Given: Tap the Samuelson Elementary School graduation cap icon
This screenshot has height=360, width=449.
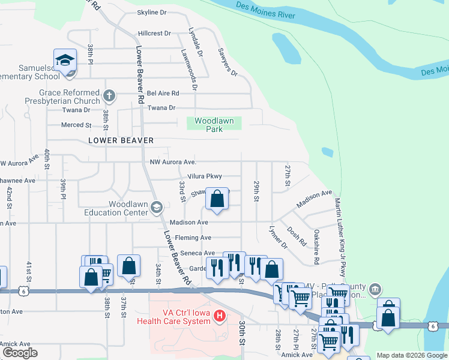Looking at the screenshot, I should [x=65, y=61].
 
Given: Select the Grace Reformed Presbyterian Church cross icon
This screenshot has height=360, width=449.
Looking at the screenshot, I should [x=109, y=95].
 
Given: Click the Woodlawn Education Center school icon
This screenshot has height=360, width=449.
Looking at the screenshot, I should [x=157, y=208].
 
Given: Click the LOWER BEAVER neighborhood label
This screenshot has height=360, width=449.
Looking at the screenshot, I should [x=121, y=140].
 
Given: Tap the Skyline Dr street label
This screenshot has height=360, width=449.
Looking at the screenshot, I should [x=151, y=12].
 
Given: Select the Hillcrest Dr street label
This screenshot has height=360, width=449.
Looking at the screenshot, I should [x=154, y=34].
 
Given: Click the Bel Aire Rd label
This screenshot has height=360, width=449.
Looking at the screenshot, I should [x=163, y=94].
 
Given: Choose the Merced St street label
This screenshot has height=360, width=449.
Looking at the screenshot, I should [x=76, y=125].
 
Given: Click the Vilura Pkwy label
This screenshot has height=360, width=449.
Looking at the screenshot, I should [x=205, y=176].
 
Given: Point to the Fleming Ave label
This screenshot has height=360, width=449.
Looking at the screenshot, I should [x=193, y=238].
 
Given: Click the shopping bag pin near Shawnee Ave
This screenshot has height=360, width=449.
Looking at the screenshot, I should [x=217, y=198].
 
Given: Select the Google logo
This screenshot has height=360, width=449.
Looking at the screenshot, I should [x=19, y=353].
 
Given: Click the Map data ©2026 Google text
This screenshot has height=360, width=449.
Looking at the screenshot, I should [x=411, y=355].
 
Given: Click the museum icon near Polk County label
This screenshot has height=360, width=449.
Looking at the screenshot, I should [x=375, y=289].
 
